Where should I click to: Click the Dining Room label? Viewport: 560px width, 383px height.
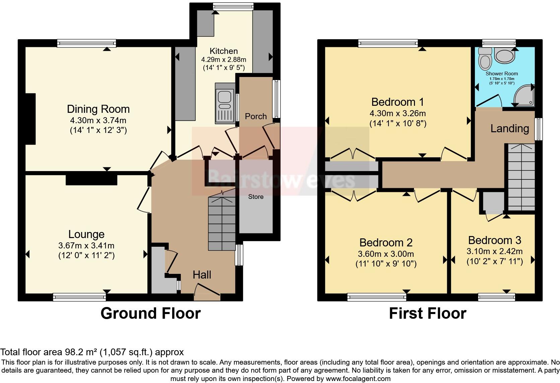coord(98,109)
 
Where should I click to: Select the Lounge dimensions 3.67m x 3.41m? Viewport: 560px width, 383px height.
coord(86,246)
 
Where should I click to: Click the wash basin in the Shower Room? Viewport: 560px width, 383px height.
coord(504,56)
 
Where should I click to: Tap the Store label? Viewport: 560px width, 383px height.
coord(256,197)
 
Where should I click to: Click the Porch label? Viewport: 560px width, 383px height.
coord(256,117)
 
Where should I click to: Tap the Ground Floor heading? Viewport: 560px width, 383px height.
coord(150,313)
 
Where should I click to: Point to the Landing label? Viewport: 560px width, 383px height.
coord(509,129)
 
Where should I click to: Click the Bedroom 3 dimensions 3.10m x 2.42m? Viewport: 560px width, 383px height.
coord(494,251)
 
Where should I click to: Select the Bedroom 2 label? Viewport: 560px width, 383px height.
coord(386,242)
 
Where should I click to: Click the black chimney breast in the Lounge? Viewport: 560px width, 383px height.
coord(91,179)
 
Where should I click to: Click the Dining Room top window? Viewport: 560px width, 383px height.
coord(86,43)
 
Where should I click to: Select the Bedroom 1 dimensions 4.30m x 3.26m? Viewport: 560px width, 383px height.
coord(398,113)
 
